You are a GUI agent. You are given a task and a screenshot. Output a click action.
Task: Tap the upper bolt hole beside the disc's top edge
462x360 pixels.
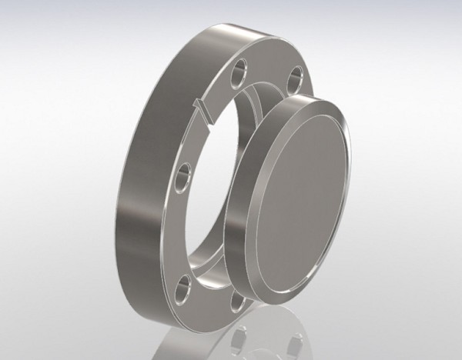[295, 80]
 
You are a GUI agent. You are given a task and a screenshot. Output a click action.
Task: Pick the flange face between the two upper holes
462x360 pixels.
[266, 69]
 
